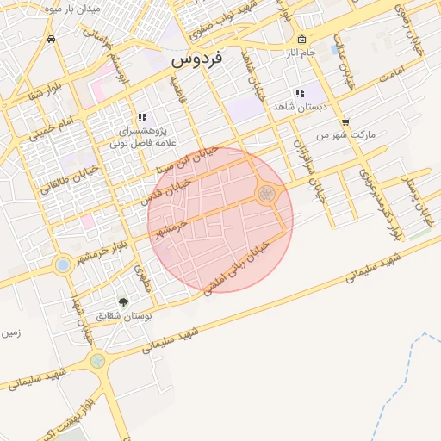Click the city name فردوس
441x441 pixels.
click(x=196, y=59)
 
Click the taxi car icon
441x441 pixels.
click(x=53, y=39)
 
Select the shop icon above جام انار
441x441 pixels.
click(x=301, y=40)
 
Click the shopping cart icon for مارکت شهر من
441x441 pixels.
click(x=345, y=122)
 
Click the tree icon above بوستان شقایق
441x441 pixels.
click(x=123, y=302)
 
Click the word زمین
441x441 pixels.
click(x=11, y=332)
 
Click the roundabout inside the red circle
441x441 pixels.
click(x=266, y=194)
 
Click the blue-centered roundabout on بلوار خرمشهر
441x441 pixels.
click(x=62, y=264)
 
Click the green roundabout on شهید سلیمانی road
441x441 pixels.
click(x=97, y=361)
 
